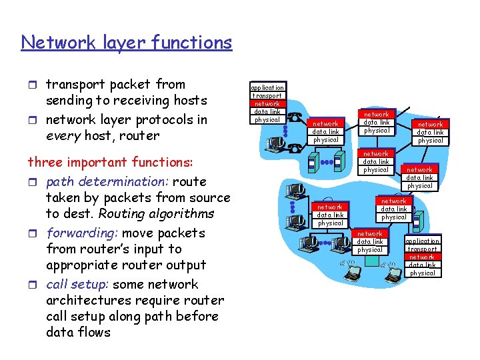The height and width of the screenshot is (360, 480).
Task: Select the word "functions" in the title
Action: click(193, 43)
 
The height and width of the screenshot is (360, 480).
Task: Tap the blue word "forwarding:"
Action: click(83, 233)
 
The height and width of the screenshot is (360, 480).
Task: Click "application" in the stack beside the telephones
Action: click(267, 87)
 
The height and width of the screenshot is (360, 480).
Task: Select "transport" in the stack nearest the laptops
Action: click(422, 249)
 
